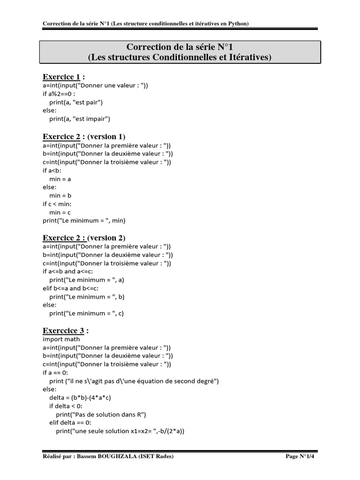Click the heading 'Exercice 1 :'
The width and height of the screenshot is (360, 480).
[64, 77]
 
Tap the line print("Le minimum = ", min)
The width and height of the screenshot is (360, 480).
[84, 220]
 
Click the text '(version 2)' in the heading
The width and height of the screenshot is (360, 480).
[106, 238]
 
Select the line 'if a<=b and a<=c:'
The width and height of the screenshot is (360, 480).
[68, 271]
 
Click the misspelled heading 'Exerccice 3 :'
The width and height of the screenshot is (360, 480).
[66, 330]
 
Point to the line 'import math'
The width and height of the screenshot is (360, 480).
[61, 339]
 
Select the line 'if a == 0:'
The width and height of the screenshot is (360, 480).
[56, 373]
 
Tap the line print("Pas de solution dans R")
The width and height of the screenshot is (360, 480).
[101, 414]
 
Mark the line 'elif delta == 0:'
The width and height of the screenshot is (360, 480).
[70, 423]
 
